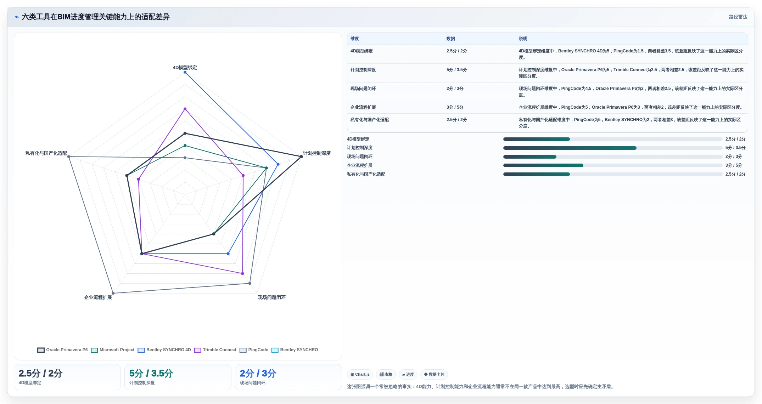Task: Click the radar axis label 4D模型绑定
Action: coord(185,68)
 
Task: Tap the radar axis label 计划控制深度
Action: coord(316,153)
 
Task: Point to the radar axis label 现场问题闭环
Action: coord(271,297)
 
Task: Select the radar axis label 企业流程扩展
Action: coord(98,297)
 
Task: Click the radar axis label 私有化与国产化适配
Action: coord(46,153)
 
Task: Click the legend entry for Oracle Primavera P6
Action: coord(62,350)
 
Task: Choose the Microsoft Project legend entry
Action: coord(113,350)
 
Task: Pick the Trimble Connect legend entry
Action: coord(215,350)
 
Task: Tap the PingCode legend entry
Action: coord(254,350)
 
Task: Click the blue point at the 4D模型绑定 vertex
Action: coord(185,72)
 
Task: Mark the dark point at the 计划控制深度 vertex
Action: coord(301,157)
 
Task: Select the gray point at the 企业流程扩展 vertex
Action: coord(113,293)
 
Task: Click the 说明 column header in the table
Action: coord(523,39)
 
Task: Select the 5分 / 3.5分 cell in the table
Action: coord(456,70)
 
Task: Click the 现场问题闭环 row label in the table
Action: coord(363,89)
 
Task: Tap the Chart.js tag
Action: coord(360,374)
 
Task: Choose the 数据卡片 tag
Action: coord(434,374)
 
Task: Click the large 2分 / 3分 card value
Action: coord(258,373)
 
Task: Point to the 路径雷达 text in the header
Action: coord(738,17)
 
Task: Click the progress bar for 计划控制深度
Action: coord(612,148)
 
